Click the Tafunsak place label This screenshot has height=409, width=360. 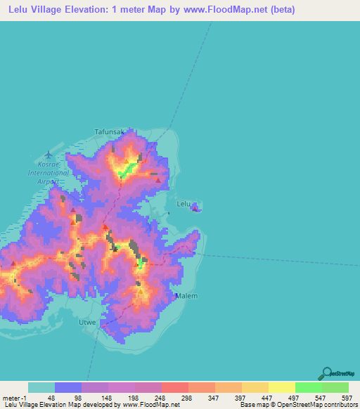pos(109,131)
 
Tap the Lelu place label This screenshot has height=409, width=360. pos(184,204)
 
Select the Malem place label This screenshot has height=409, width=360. pos(186,296)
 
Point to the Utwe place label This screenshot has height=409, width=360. pos(86,322)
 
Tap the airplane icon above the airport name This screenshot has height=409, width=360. pos(48,153)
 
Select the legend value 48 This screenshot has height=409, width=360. pos(51,398)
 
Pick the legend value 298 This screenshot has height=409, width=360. pos(185,398)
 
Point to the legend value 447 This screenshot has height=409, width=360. pos(265,398)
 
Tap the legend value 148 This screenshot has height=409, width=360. pos(105,398)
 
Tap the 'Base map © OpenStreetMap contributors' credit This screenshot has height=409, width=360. pos(299,405)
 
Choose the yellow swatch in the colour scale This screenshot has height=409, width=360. pos(281,387)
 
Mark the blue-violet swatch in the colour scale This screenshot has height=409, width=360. pos(68,387)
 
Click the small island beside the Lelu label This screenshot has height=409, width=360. pos(197,207)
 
